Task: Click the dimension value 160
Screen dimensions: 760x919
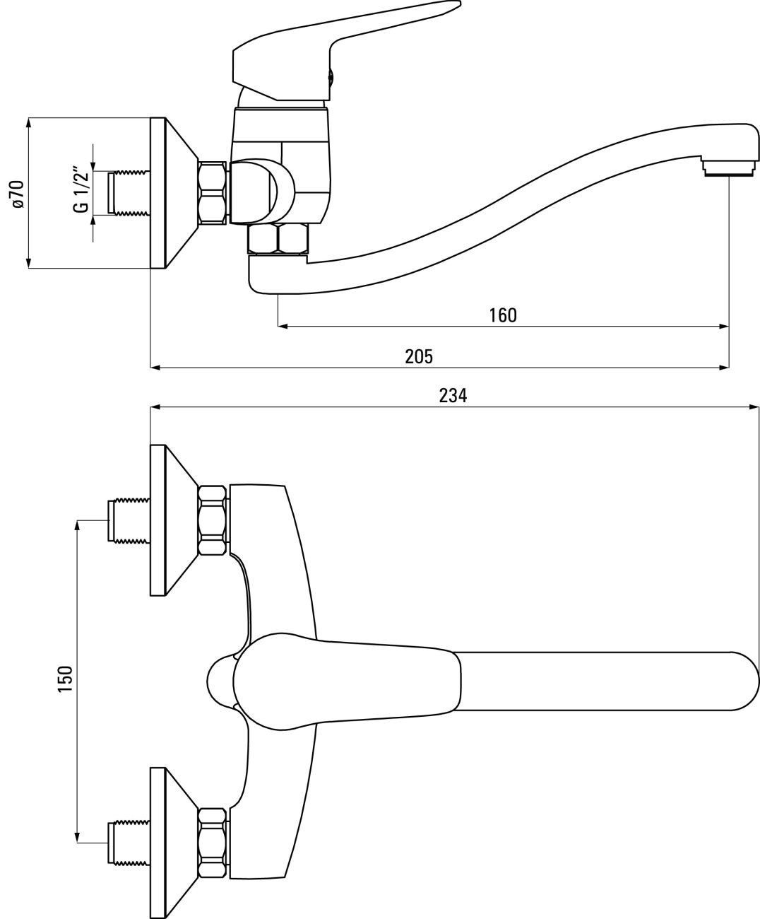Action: pos(503,315)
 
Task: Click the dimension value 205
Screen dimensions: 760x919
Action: pos(419,356)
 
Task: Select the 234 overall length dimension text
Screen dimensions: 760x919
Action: pos(453,395)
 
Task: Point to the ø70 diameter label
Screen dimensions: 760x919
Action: pos(18,194)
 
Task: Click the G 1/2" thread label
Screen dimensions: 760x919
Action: pos(82,189)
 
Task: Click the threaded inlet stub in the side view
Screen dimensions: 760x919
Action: pos(129,193)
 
